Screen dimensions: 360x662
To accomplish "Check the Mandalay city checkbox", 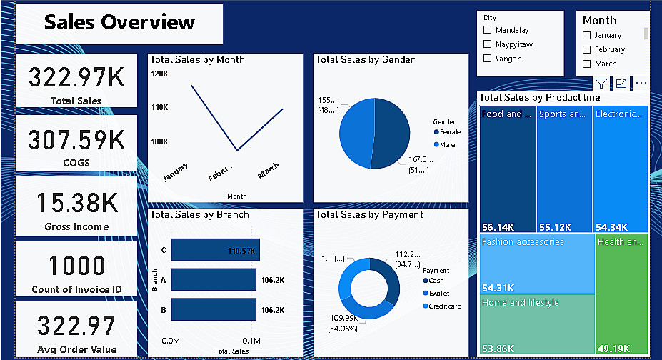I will pyautogui.click(x=488, y=30).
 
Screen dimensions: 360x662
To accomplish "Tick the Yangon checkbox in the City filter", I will pyautogui.click(x=488, y=59).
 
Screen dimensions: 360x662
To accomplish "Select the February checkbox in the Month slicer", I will pyautogui.click(x=587, y=49).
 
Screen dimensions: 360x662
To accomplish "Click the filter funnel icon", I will pyautogui.click(x=601, y=84).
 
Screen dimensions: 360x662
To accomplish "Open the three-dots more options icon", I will pyautogui.click(x=641, y=84).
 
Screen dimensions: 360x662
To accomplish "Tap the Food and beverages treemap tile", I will pyautogui.click(x=508, y=168).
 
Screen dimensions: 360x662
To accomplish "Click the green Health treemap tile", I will pyautogui.click(x=621, y=293).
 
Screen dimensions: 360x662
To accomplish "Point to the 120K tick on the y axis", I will pyautogui.click(x=159, y=74).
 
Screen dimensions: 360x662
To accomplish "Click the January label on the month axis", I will pyautogui.click(x=176, y=172).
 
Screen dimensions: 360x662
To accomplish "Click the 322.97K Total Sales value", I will pyautogui.click(x=76, y=76).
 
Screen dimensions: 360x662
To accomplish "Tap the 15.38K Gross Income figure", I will pyautogui.click(x=76, y=203).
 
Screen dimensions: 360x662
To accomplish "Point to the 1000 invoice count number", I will pyautogui.click(x=76, y=266).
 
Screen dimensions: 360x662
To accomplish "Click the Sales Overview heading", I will pyautogui.click(x=119, y=22).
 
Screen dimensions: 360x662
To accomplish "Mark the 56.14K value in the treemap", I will pyautogui.click(x=498, y=227).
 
